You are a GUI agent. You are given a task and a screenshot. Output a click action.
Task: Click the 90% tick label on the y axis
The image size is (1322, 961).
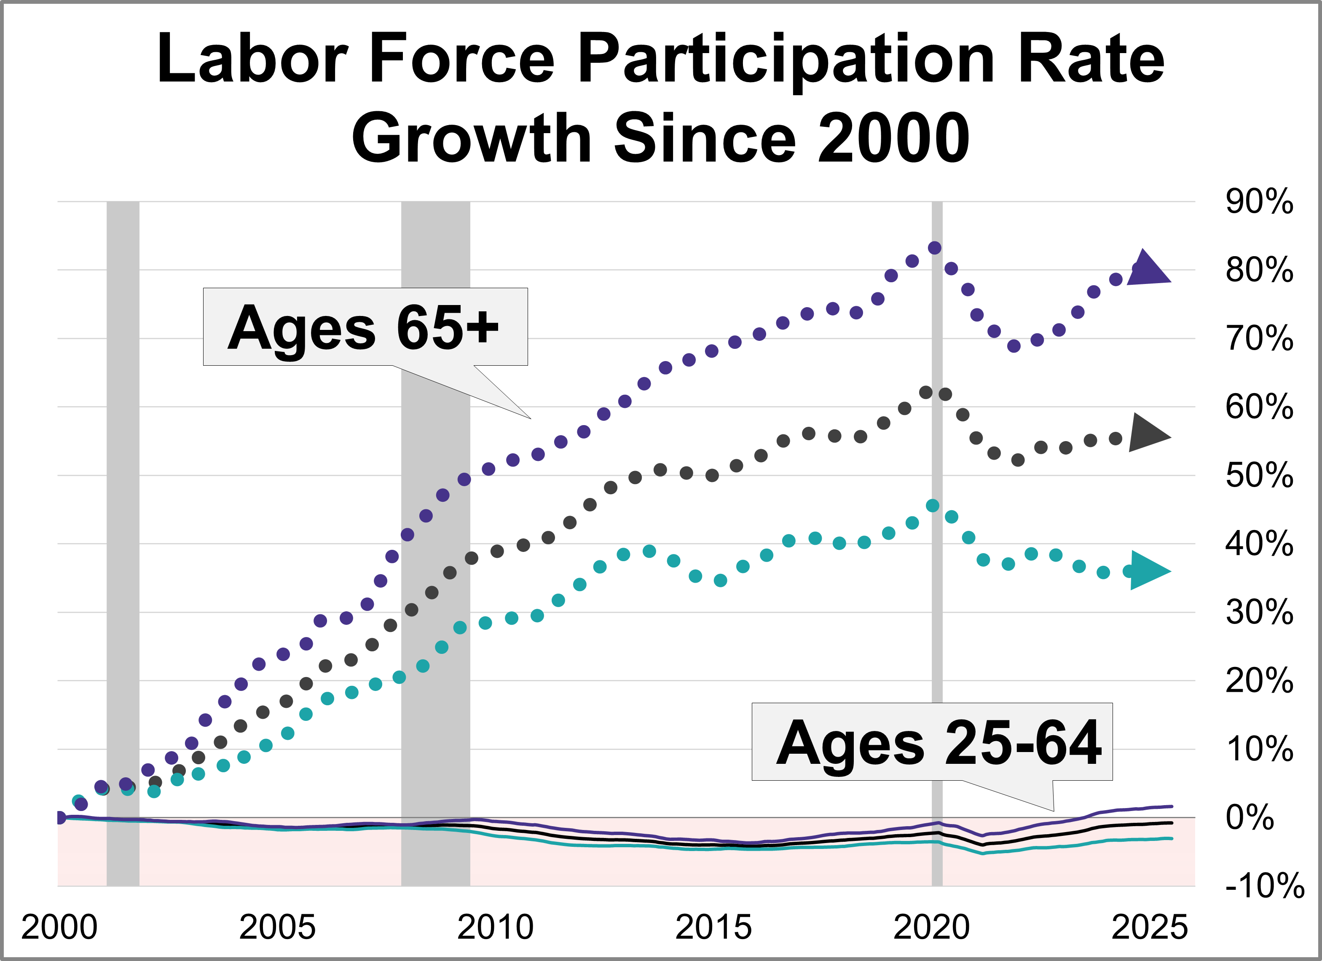[x=1259, y=202]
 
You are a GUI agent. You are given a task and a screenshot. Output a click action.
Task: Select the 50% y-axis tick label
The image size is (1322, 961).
[x=1259, y=476]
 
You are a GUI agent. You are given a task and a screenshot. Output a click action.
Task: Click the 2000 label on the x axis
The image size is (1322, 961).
[x=59, y=927]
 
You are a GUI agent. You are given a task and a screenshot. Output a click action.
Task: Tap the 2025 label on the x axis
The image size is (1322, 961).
[x=1149, y=927]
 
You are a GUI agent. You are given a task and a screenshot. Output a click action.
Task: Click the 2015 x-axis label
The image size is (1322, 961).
[x=713, y=927]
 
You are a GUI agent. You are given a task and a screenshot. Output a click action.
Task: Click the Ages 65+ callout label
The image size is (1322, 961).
[x=365, y=327]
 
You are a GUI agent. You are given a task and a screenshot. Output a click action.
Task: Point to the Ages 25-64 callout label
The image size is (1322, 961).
[x=939, y=743]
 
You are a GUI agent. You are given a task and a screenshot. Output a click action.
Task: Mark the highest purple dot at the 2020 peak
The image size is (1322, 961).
[x=934, y=248]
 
